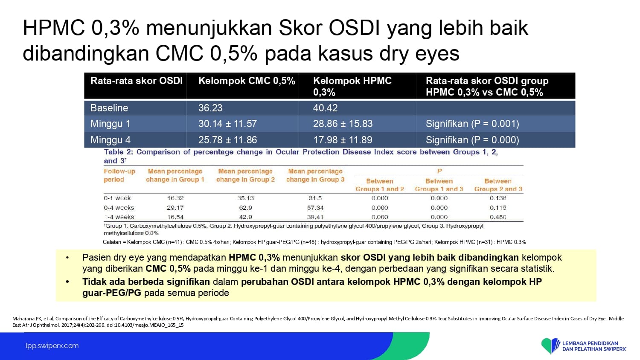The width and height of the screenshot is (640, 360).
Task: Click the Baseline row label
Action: pos(109,108)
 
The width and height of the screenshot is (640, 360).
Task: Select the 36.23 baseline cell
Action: pos(210,108)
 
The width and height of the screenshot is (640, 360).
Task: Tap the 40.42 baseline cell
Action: pos(325,108)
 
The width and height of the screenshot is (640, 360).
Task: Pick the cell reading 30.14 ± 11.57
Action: pos(227,124)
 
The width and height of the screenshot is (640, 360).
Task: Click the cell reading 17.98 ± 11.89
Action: pos(343,140)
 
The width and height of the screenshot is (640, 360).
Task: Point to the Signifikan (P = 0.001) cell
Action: pos(472,124)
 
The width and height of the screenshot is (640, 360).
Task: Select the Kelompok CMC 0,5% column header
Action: pos(247,81)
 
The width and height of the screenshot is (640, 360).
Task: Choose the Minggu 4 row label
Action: pos(110,140)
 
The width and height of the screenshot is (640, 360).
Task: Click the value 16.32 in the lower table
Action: pos(175,198)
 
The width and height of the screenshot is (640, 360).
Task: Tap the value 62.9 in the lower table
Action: pos(245,208)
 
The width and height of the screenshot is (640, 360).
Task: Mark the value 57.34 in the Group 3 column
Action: pos(315,208)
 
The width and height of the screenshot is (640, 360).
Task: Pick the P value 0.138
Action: pos(498,198)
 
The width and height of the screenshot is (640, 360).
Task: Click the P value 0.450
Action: pos(498,217)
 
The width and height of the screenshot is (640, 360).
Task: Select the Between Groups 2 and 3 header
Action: pos(498,185)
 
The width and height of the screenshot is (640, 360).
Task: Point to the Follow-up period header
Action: pos(119,175)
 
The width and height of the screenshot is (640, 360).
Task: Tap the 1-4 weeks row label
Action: pos(119,217)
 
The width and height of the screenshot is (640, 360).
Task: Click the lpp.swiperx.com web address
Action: pos(52,346)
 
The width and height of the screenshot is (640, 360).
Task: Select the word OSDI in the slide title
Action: pos(354,28)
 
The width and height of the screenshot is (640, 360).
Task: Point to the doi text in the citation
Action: pos(145,325)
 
